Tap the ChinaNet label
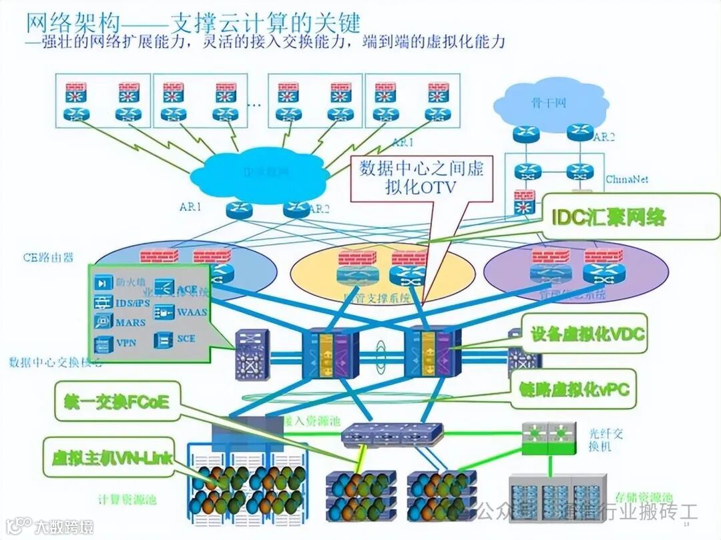click(x=627, y=180)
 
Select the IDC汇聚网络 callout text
click(x=609, y=216)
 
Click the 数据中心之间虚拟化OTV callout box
click(x=421, y=178)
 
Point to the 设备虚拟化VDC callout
click(x=587, y=334)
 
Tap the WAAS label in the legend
click(x=192, y=312)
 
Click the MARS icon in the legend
click(x=103, y=322)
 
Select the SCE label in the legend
click(x=187, y=338)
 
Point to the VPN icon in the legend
click(x=103, y=344)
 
